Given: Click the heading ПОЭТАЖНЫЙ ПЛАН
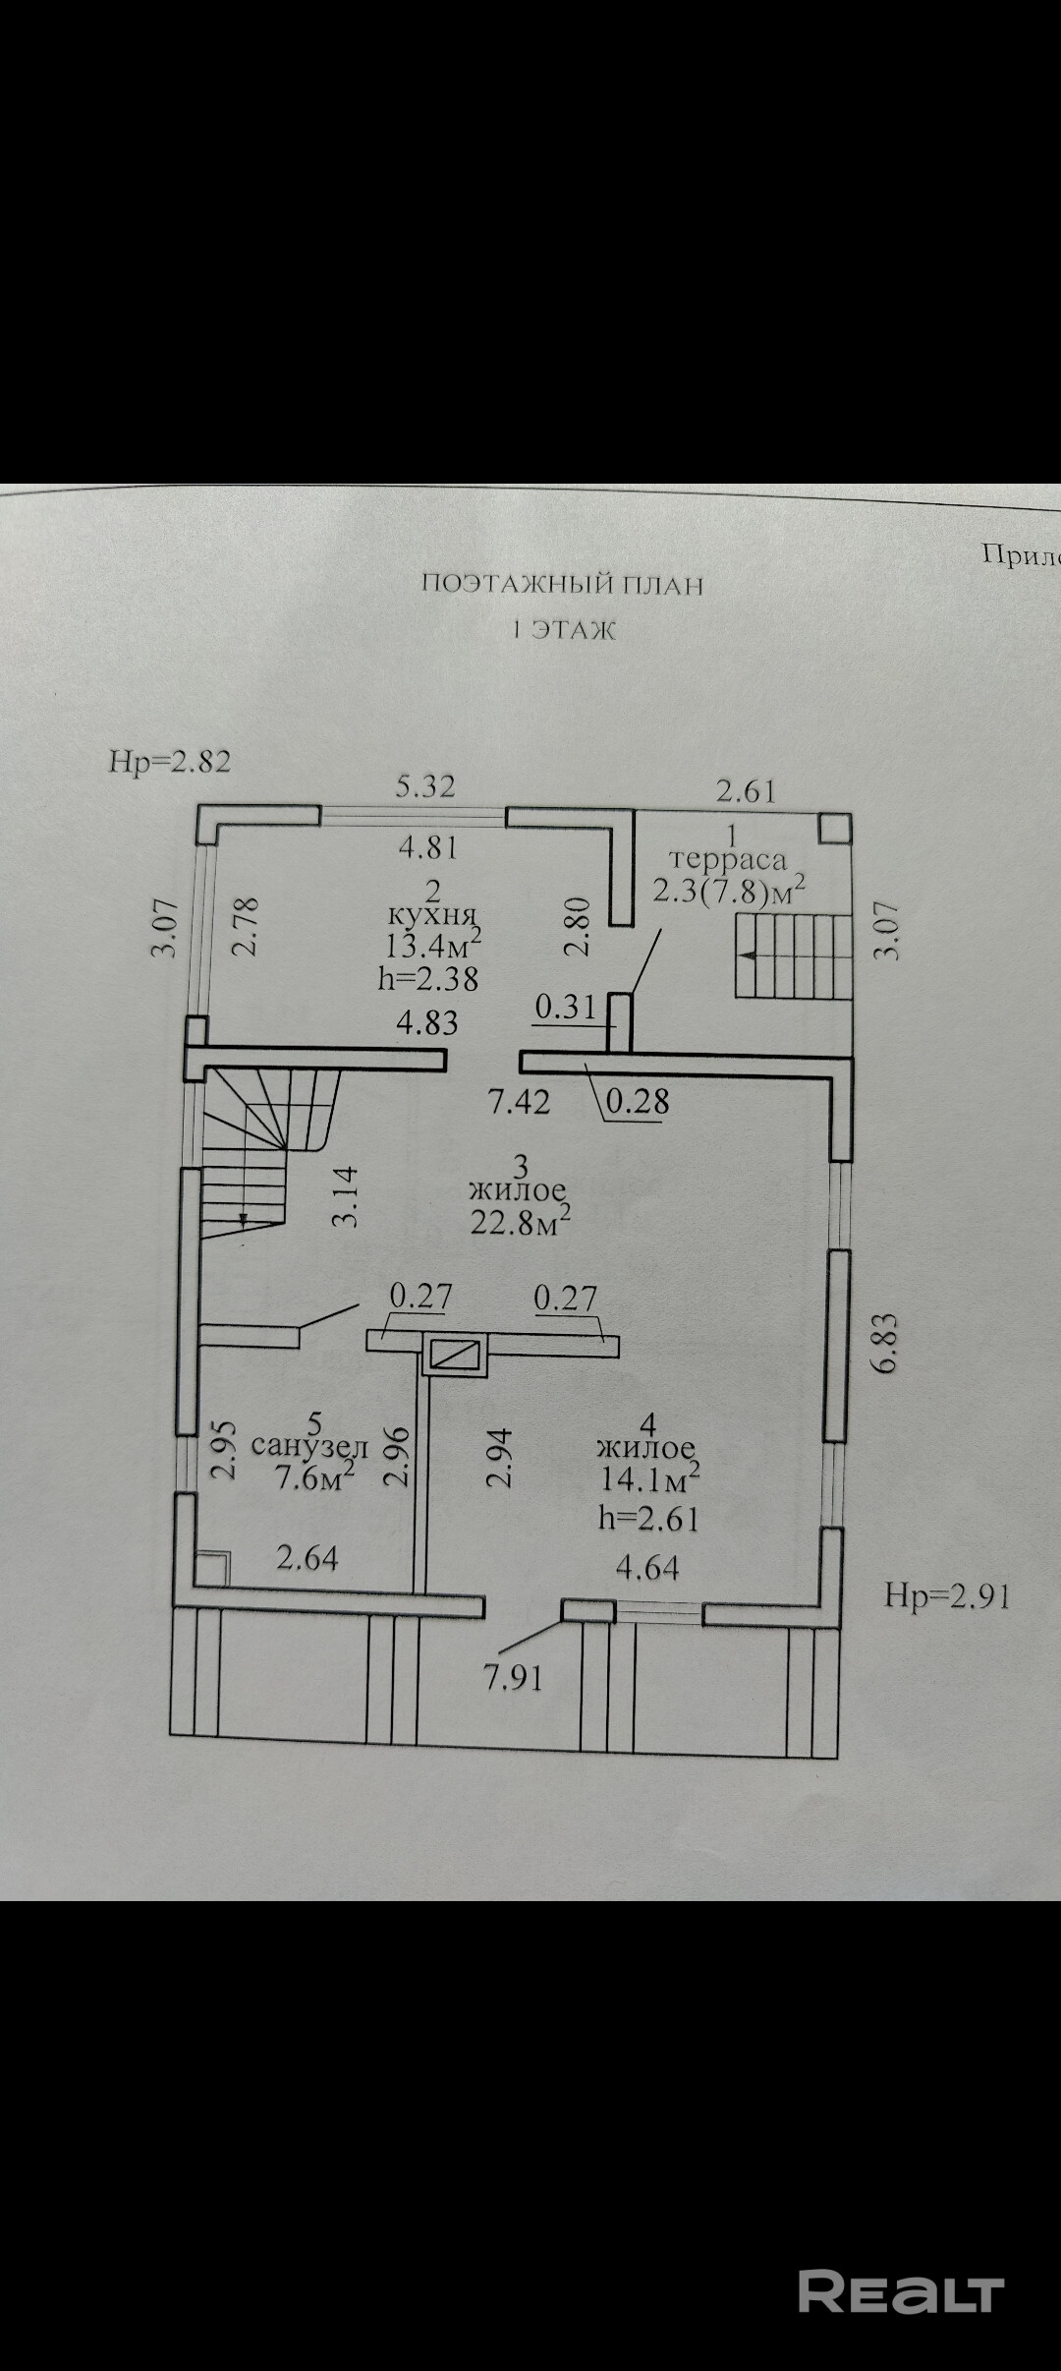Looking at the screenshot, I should click(x=562, y=585).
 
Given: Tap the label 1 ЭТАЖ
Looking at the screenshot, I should click(x=564, y=631).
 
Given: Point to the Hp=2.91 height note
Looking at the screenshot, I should click(x=947, y=1594).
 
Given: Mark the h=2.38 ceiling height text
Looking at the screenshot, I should click(x=427, y=978).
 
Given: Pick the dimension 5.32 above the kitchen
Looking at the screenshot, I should click(x=425, y=786).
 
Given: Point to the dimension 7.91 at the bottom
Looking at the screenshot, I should click(x=513, y=1676).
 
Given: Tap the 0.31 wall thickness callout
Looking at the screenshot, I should click(x=566, y=1007).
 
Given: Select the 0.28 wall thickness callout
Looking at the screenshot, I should click(x=638, y=1102).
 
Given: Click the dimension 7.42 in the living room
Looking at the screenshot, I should click(x=520, y=1101).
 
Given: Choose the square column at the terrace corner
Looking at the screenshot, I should click(x=835, y=828).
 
